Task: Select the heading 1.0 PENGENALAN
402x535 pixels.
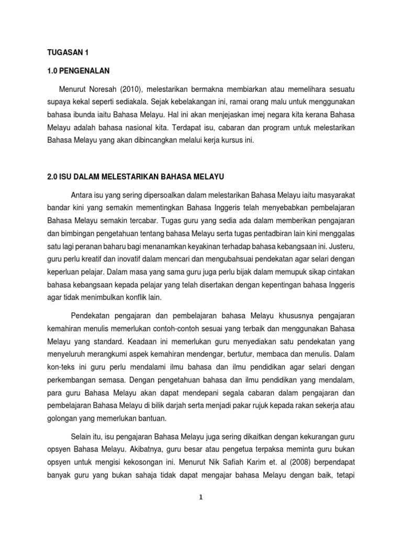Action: (77, 71)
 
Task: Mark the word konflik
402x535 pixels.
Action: (142, 296)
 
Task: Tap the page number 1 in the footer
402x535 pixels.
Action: (201, 497)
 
